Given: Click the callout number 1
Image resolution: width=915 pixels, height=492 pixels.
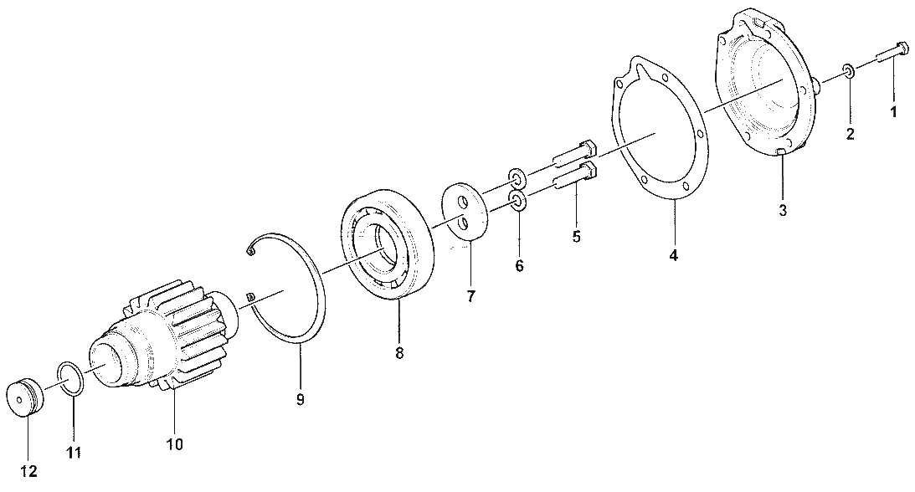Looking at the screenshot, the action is pos(893,111).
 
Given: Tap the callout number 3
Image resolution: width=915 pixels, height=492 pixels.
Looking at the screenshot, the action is pos(783,210).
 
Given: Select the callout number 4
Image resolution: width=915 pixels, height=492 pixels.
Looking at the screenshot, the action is pos(673,254).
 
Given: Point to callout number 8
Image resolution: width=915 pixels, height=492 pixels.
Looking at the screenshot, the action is pos(399,353).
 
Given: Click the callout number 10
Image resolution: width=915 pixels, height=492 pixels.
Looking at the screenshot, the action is pos(174,444).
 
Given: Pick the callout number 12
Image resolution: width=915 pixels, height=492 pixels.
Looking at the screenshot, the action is pos(29,471).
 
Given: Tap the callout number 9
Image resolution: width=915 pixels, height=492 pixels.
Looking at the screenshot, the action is pos(300,399).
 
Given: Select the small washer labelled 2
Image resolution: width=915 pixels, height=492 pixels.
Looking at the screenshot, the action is pos(849,72).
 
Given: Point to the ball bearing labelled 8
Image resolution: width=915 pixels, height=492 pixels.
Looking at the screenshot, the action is pos(388,243).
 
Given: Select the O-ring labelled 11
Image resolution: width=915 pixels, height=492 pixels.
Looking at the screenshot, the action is pos(70,379).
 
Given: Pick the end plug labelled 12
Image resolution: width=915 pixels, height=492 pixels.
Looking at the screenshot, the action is pos(25,399).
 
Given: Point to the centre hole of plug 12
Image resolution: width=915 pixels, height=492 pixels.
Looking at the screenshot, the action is pos(20,400).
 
